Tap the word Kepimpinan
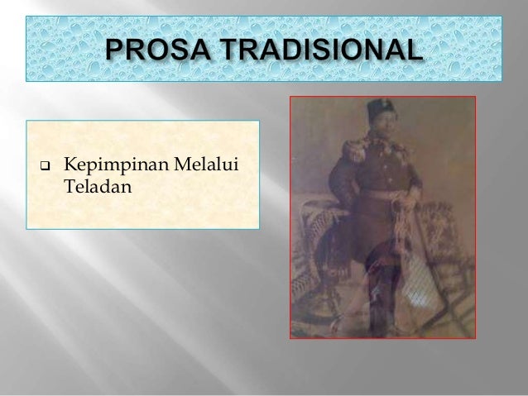click(108, 170)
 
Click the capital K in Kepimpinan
click(70, 170)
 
